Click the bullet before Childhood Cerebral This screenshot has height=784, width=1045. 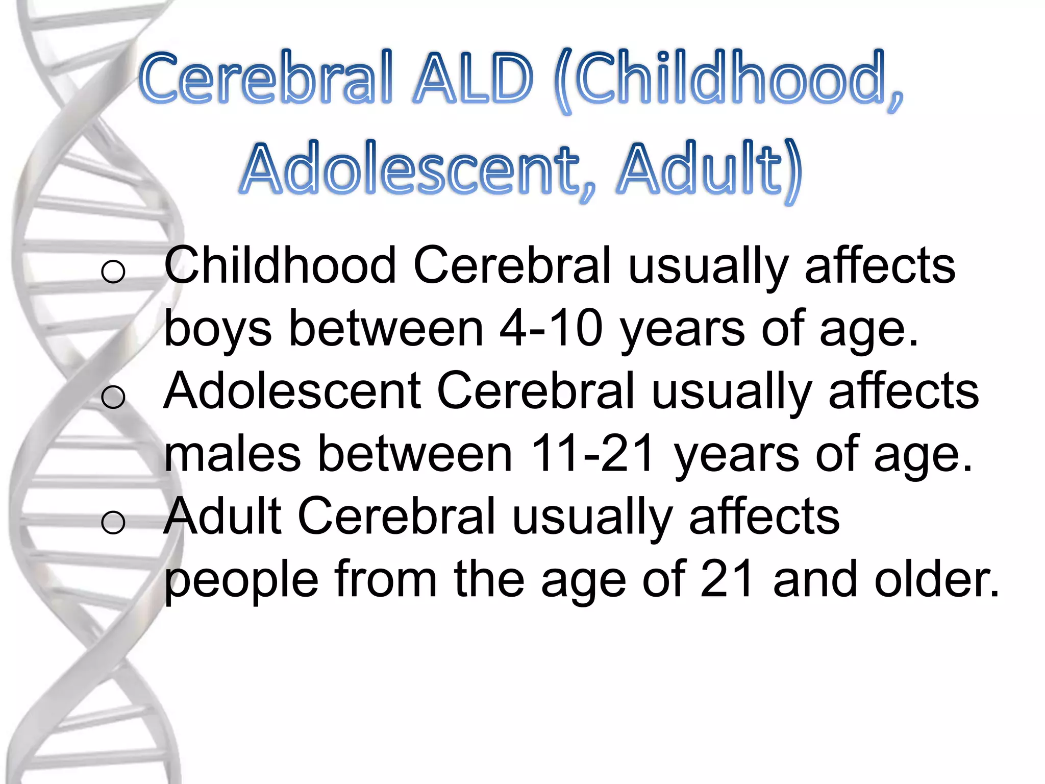(x=113, y=271)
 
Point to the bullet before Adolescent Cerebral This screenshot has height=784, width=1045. (x=113, y=396)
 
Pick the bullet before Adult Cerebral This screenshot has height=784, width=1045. (x=113, y=522)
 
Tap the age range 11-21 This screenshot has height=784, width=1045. (x=592, y=454)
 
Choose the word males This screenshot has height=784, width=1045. (x=233, y=454)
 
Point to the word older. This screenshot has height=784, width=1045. (x=937, y=579)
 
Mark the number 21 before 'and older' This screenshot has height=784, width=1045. (x=728, y=579)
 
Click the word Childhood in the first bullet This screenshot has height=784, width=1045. (x=280, y=265)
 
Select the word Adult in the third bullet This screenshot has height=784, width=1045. (x=222, y=516)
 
